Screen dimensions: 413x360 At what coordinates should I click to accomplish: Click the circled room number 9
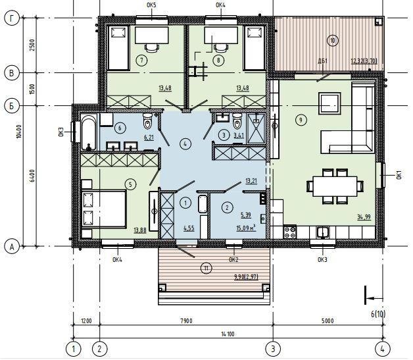click(301, 120)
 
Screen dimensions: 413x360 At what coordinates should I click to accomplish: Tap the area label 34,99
click(364, 217)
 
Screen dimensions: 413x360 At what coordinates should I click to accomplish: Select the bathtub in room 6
click(88, 132)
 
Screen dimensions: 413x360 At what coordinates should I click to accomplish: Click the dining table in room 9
click(335, 186)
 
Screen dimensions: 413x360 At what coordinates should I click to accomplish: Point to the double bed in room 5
click(104, 209)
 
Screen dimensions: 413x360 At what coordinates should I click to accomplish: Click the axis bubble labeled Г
click(12, 18)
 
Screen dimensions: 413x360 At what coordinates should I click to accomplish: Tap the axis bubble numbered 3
click(273, 349)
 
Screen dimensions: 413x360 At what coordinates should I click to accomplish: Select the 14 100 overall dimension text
click(228, 334)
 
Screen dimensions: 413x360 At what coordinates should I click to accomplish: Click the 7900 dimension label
click(186, 321)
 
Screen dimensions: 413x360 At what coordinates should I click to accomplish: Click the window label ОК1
click(399, 175)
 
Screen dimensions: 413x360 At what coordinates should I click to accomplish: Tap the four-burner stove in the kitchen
click(290, 232)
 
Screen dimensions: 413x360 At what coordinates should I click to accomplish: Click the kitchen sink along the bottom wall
click(323, 232)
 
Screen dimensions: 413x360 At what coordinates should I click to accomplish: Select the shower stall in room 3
click(256, 128)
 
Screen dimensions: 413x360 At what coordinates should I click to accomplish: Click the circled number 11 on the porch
click(206, 269)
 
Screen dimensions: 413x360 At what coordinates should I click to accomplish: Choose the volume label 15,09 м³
click(246, 228)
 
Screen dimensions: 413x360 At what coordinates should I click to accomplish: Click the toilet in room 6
click(147, 121)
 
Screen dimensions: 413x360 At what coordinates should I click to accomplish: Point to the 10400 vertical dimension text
click(18, 132)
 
